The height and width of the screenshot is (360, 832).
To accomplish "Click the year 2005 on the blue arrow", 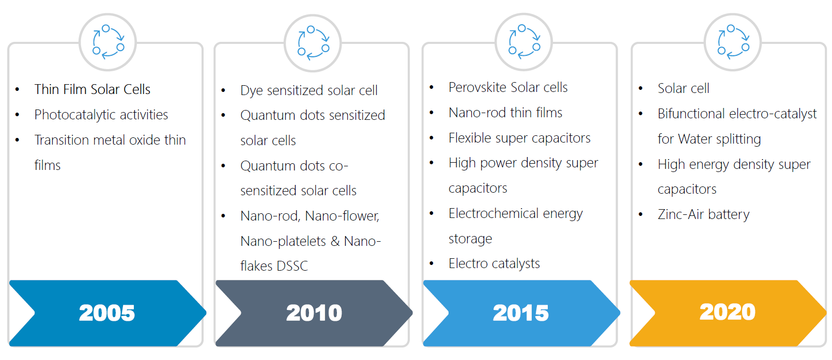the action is coord(107,313).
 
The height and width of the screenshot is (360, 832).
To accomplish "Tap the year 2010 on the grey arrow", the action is coord(314,313).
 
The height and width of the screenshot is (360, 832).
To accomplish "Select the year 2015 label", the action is coord(521,313).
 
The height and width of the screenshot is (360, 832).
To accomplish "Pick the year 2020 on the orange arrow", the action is coord(728,312).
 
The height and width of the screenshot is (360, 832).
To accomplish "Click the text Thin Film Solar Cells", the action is coord(93,89).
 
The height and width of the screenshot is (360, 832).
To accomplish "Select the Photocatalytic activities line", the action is coord(101,115).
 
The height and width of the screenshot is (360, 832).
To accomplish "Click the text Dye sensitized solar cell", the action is coord(309,90).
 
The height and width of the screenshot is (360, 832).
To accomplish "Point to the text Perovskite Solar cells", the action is coord(508,88).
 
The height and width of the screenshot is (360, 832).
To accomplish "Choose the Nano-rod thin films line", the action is coord(505,113).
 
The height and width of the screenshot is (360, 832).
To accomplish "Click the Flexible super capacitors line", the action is coord(520,138).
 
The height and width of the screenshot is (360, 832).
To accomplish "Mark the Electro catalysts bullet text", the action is coord(495,263).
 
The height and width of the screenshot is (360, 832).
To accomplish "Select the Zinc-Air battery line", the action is coord(703,214).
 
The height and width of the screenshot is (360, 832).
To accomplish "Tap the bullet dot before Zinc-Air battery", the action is coord(641,214).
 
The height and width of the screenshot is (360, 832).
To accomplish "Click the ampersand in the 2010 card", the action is coord(335,241).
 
